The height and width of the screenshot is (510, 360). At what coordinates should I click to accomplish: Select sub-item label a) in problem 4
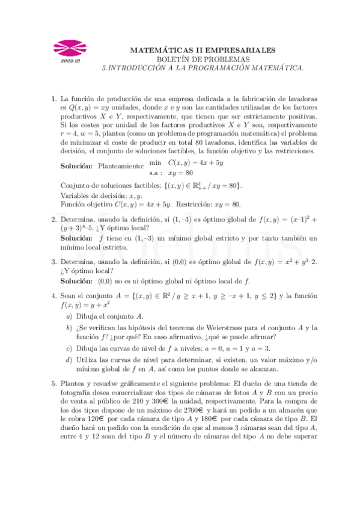tap(69, 316)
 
